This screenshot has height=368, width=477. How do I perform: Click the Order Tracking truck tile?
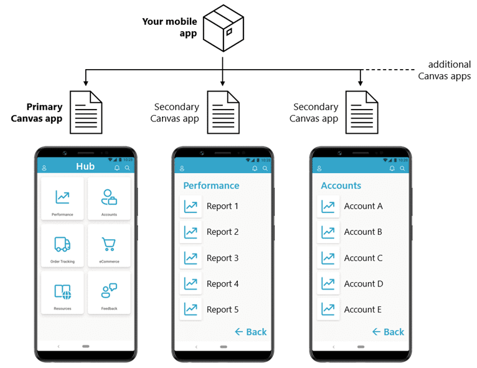click(62, 246)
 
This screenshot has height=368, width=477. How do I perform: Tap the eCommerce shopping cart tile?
click(109, 246)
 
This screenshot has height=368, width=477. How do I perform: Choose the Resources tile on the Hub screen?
click(62, 293)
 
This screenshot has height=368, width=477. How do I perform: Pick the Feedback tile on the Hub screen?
click(109, 293)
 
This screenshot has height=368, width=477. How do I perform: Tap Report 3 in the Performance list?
click(222, 258)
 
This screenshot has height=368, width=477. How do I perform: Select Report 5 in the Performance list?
click(222, 309)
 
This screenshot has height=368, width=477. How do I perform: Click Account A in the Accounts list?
click(363, 206)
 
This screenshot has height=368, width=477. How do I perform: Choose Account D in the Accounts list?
click(363, 284)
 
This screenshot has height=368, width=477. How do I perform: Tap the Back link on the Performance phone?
click(250, 332)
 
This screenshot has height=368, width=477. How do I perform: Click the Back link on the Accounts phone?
click(388, 332)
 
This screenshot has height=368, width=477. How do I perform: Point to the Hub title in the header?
click(85, 166)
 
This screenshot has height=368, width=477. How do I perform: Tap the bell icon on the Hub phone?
click(117, 168)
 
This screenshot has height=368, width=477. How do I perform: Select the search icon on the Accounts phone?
click(402, 168)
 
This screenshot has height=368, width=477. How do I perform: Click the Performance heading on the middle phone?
click(211, 186)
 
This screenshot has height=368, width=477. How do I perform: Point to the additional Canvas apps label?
click(444, 70)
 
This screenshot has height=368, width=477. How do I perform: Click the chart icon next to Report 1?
click(191, 206)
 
